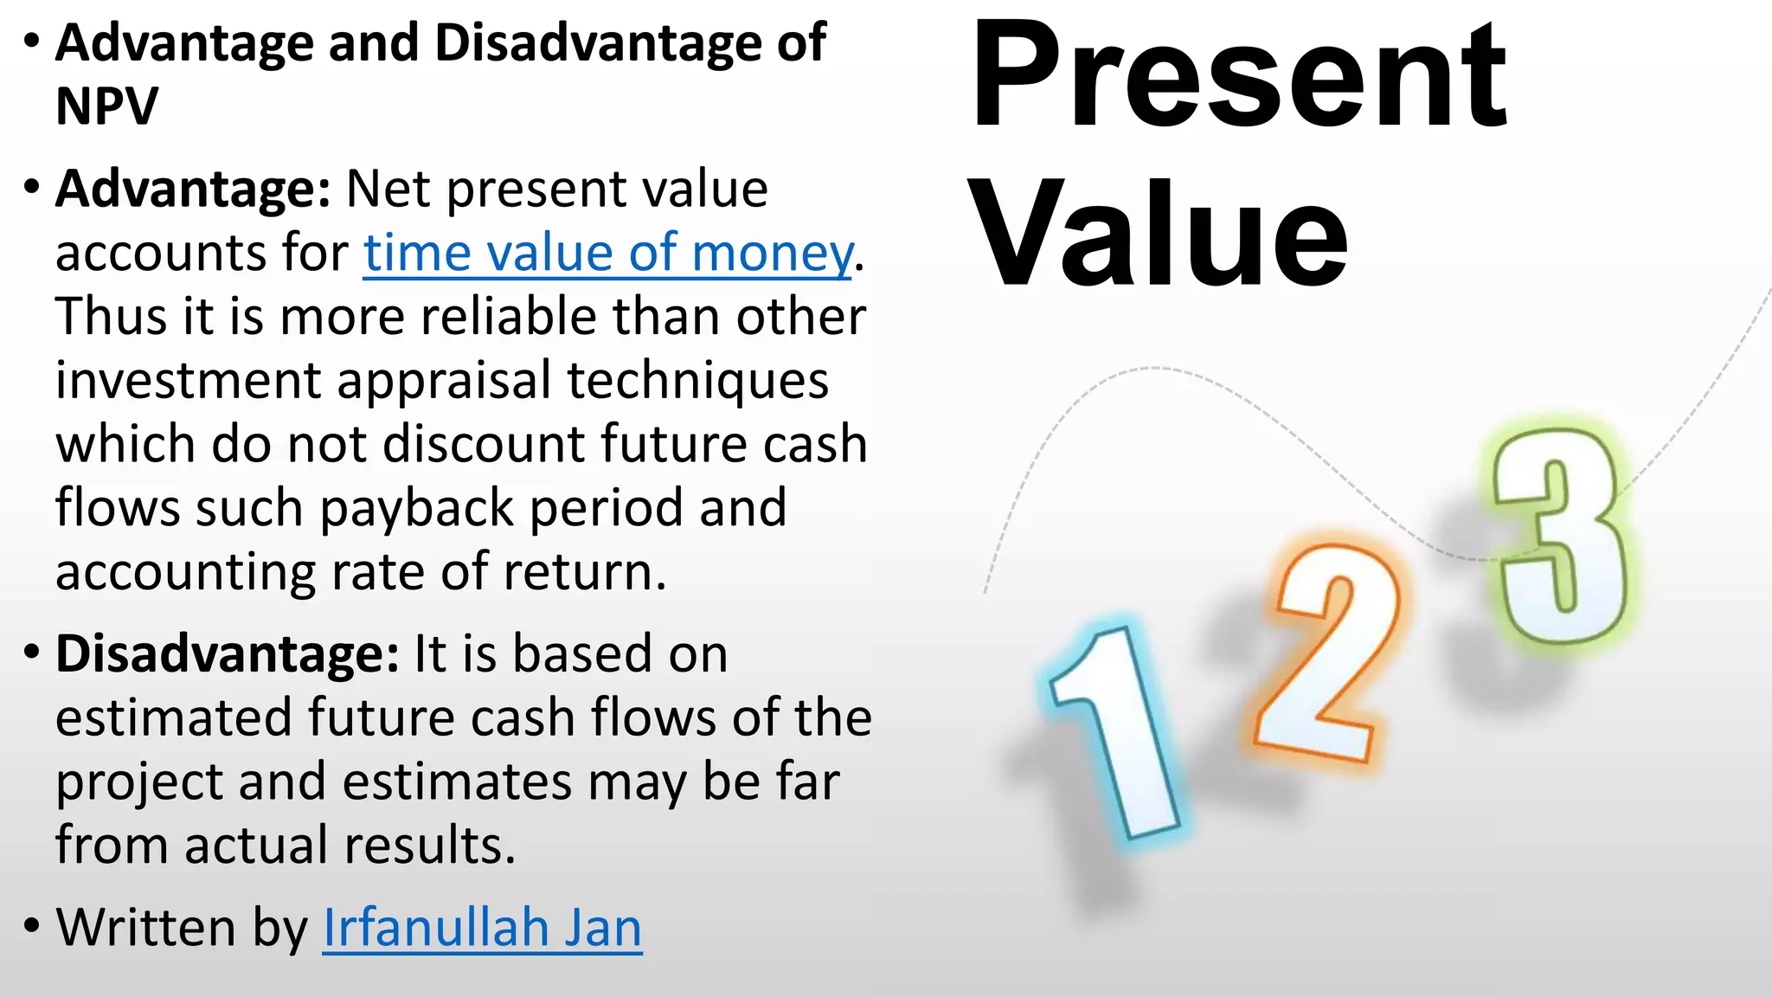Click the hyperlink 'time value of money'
click(607, 254)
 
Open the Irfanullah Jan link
click(482, 928)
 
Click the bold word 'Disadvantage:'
click(227, 653)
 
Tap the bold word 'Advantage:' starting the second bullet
click(192, 189)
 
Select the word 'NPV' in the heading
click(106, 106)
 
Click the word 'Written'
click(145, 928)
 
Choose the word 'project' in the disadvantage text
click(138, 783)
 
